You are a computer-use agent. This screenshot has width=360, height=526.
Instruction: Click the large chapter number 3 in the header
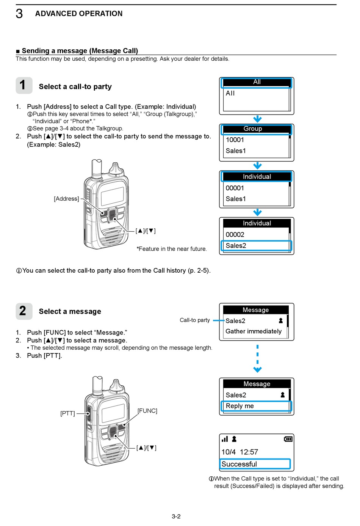[19, 14]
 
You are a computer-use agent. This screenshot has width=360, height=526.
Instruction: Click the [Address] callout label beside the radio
[66, 199]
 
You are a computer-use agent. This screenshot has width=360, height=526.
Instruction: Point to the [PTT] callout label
[67, 413]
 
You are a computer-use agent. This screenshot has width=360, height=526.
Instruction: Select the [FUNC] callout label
[147, 411]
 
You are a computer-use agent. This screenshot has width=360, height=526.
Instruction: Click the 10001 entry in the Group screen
[235, 140]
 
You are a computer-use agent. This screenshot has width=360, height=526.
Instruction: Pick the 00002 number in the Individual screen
[235, 235]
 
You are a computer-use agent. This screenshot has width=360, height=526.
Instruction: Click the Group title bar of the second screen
[257, 129]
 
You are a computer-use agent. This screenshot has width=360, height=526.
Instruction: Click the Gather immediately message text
[254, 331]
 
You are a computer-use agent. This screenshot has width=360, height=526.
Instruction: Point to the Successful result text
[239, 464]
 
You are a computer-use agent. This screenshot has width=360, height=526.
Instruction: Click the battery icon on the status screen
[288, 439]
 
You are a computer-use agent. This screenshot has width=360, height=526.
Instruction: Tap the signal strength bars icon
[225, 439]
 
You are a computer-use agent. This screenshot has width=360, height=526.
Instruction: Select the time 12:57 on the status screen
[249, 452]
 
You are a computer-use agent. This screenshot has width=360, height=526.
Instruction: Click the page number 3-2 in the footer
[176, 517]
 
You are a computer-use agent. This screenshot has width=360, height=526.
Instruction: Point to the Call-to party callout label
[195, 320]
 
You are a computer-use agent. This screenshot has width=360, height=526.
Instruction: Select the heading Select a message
[70, 312]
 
